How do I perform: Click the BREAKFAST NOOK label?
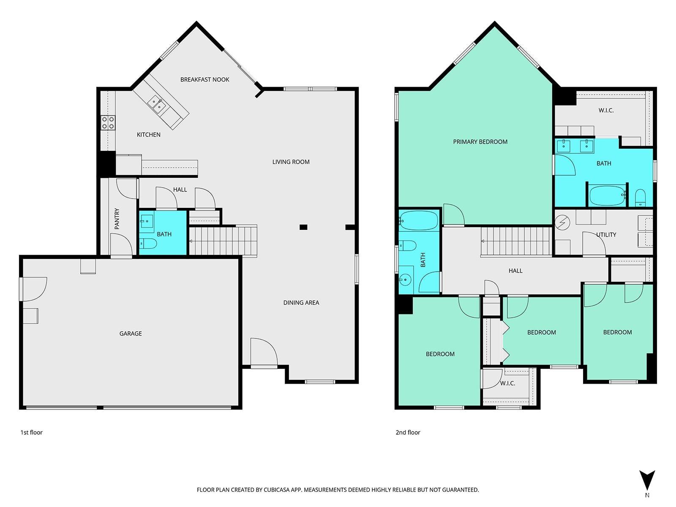(x=204, y=79)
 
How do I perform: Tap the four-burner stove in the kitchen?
(x=108, y=123)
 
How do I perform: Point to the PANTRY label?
(x=117, y=218)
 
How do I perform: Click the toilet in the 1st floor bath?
(x=148, y=243)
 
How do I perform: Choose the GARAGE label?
(x=131, y=333)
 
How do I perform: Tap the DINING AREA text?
(x=301, y=303)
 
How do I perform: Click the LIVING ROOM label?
(x=291, y=162)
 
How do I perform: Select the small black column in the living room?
(x=303, y=227)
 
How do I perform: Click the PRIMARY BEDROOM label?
(x=480, y=142)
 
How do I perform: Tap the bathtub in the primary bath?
(x=607, y=196)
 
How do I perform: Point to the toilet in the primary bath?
(x=640, y=197)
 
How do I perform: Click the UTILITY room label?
(x=606, y=234)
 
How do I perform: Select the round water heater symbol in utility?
(x=562, y=222)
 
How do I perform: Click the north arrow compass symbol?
(x=647, y=480)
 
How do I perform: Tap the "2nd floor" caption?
(x=408, y=432)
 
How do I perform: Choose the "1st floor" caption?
(x=31, y=432)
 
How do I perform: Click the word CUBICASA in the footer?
(x=277, y=489)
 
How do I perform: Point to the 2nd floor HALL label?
(x=515, y=270)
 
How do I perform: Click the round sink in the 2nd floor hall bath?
(x=405, y=280)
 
